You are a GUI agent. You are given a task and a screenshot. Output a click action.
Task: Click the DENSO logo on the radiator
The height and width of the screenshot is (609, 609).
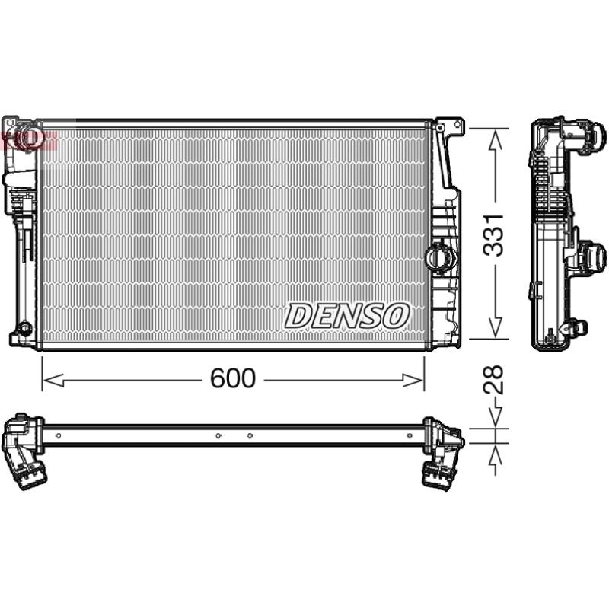coord(347,316)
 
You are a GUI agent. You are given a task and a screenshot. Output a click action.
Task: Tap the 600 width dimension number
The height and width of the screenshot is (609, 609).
coord(233,378)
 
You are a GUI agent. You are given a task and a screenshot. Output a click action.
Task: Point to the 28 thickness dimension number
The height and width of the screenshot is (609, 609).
coord(493,380)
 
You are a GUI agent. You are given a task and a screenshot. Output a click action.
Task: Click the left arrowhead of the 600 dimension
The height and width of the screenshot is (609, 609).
coord(53,381)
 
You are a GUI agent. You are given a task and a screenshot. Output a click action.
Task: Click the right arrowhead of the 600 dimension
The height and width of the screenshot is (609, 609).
coord(413,381)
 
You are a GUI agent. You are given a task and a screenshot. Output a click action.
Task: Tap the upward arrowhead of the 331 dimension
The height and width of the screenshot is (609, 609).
coord(495,140)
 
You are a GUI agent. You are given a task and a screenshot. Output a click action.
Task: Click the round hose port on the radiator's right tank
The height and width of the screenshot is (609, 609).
coord(440,254)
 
